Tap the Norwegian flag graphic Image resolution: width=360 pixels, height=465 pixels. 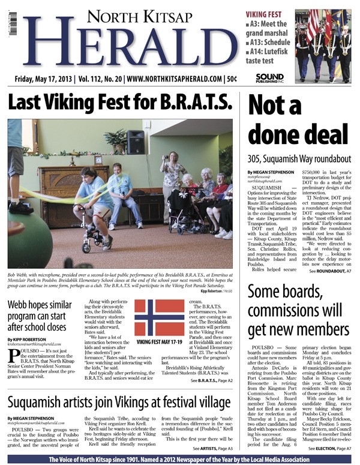tap(159, 317)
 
